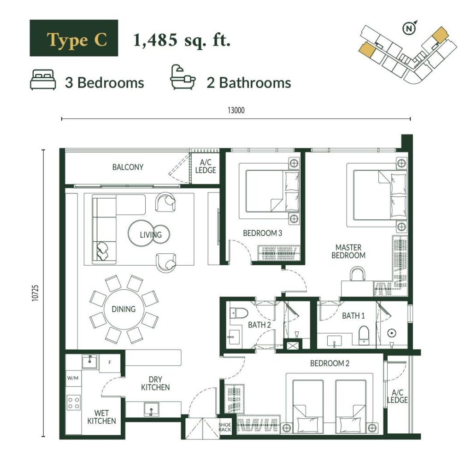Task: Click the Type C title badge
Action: [x=74, y=38]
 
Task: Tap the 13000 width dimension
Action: [x=236, y=111]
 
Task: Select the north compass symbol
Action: [x=409, y=28]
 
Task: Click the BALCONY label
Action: [x=128, y=167]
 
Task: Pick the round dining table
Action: [x=124, y=309]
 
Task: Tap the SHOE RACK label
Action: [x=225, y=427]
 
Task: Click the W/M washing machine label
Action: [x=72, y=378]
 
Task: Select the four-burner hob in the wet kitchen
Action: [x=73, y=403]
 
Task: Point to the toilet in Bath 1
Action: [x=364, y=335]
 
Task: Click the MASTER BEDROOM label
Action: [x=348, y=251]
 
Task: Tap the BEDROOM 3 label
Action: [x=262, y=233]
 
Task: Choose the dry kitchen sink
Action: [x=151, y=409]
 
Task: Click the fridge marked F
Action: [x=110, y=362]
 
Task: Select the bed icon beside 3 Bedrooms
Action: [x=43, y=80]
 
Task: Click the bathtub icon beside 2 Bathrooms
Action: [x=183, y=77]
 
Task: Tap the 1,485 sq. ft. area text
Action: [x=182, y=40]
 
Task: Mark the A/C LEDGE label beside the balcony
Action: [x=206, y=167]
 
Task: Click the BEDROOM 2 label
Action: [x=330, y=363]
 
